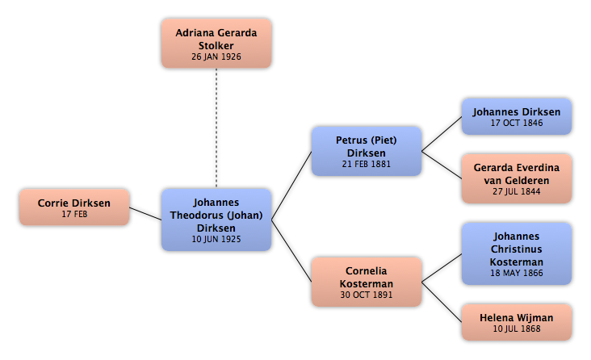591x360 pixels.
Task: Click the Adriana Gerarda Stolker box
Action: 216,44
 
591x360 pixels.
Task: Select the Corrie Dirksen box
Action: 74,207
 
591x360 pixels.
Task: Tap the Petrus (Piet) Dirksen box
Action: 367,151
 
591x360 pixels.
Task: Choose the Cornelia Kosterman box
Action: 367,282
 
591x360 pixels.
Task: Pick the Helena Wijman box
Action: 517,322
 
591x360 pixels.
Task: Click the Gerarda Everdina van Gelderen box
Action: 517,178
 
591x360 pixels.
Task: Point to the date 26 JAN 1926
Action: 216,57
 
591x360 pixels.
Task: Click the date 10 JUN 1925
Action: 216,239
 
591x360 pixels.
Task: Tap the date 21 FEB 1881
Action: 367,164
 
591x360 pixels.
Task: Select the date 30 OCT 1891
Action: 367,295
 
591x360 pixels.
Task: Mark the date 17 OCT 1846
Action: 517,123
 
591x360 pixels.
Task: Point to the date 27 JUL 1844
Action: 517,191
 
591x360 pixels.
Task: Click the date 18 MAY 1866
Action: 517,273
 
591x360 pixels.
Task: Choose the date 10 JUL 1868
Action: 517,329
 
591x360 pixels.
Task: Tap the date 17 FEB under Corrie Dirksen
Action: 74,214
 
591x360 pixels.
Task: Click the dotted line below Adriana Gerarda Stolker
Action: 216,128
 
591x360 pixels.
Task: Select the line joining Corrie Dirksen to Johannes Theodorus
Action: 145,213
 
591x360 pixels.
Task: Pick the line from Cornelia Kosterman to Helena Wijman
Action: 442,302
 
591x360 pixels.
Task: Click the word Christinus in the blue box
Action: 517,249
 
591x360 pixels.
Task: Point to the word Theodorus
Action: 196,216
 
